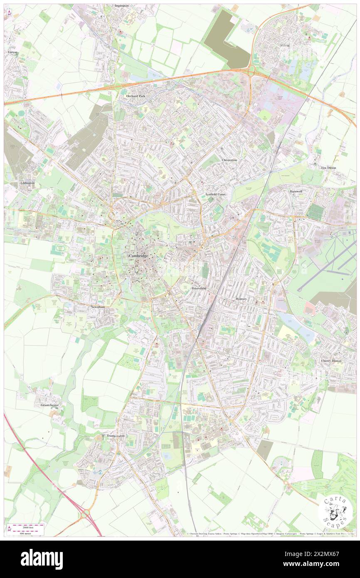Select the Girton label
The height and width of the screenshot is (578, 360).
click(x=12, y=52)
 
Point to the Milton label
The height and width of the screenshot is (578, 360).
click(x=285, y=45)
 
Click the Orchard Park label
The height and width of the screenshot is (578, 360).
click(x=136, y=96)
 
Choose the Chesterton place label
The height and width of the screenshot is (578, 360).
click(x=229, y=160)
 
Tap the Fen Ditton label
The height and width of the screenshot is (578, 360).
click(x=329, y=168)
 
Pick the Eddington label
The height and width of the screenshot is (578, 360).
click(x=27, y=183)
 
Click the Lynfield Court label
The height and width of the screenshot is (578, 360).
click(x=215, y=194)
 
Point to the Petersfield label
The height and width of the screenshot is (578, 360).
click(x=199, y=288)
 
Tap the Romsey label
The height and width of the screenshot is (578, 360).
click(x=242, y=299)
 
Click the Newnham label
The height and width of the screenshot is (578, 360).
click(x=98, y=306)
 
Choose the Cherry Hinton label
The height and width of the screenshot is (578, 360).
click(x=331, y=361)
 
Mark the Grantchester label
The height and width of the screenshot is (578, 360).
click(x=50, y=405)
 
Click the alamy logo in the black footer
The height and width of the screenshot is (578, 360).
click(x=42, y=559)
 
